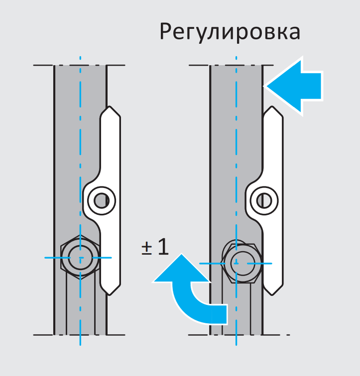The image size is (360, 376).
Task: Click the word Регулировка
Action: (x=230, y=32)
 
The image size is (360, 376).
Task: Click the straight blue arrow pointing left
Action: (x=294, y=86)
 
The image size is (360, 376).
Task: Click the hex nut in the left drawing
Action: (x=80, y=258)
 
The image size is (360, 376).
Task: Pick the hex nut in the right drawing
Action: (x=242, y=263)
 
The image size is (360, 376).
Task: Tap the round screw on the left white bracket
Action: (x=102, y=200)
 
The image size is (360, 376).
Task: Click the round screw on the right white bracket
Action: (x=264, y=200)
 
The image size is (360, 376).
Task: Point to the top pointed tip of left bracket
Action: (x=110, y=106)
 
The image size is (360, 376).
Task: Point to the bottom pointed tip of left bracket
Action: (x=110, y=295)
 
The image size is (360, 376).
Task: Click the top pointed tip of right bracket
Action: (x=272, y=106)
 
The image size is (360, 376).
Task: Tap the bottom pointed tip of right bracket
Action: (x=272, y=295)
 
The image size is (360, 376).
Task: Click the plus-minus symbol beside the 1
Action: (x=147, y=248)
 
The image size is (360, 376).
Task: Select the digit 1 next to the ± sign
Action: (x=163, y=246)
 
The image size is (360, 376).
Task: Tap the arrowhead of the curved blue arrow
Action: (x=182, y=268)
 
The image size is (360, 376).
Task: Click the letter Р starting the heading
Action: (x=166, y=32)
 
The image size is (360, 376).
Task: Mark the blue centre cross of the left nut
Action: (x=80, y=258)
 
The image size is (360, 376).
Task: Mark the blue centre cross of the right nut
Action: (x=237, y=263)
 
